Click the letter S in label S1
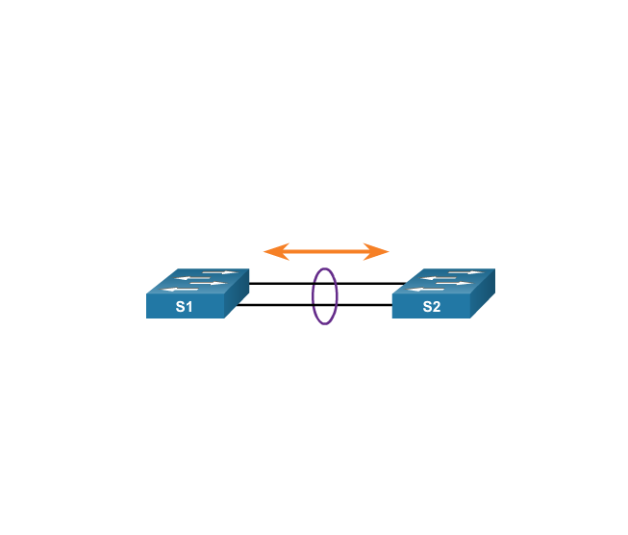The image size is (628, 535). [180, 307]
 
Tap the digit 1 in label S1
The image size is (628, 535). [189, 307]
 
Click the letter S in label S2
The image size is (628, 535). [427, 307]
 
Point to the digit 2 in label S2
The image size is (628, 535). [437, 307]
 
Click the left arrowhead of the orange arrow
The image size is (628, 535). [273, 252]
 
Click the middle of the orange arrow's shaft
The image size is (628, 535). [326, 252]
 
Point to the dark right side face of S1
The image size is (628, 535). [238, 297]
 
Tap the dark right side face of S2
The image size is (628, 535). [484, 297]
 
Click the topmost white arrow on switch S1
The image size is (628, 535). [220, 273]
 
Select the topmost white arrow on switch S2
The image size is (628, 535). [466, 273]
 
